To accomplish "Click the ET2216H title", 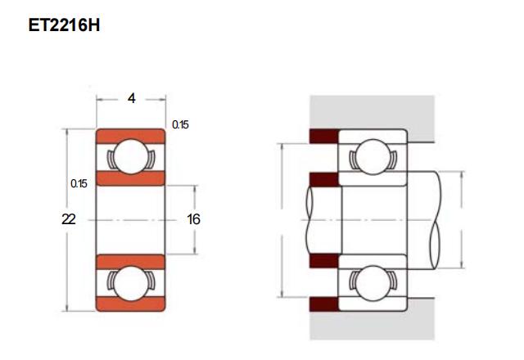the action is pyautogui.click(x=64, y=25).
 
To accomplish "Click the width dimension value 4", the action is pyautogui.click(x=132, y=98).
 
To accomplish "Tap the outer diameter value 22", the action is pyautogui.click(x=69, y=219).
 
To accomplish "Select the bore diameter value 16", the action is pyautogui.click(x=193, y=219).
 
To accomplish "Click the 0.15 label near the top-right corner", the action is pyautogui.click(x=180, y=124).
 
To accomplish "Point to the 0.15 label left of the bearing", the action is pyautogui.click(x=79, y=183).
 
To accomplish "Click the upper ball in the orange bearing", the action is pyautogui.click(x=131, y=156).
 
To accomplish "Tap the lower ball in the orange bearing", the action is pyautogui.click(x=131, y=284).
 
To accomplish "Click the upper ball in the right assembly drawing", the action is pyautogui.click(x=373, y=156).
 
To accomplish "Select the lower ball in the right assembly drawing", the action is pyautogui.click(x=373, y=284).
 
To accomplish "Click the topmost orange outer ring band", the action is pyautogui.click(x=131, y=136).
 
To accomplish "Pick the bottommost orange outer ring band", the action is pyautogui.click(x=131, y=304).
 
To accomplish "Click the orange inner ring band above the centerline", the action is pyautogui.click(x=131, y=178).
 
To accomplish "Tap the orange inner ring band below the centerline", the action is pyautogui.click(x=131, y=262).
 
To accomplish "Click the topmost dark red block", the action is pyautogui.click(x=324, y=136).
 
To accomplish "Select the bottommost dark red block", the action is pyautogui.click(x=324, y=304).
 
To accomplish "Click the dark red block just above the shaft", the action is pyautogui.click(x=324, y=179).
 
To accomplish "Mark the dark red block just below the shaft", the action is pyautogui.click(x=324, y=261).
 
